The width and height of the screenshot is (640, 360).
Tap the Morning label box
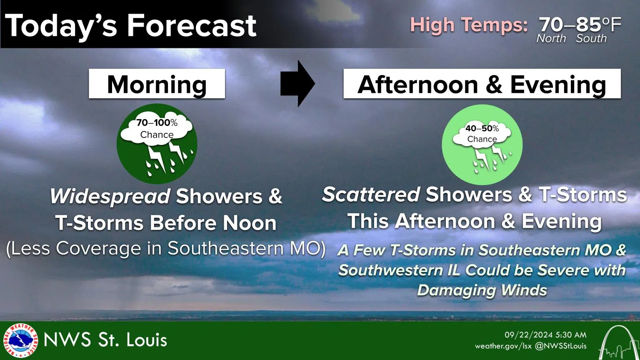click(x=157, y=84)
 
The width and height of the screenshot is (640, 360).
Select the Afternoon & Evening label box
click(x=482, y=84)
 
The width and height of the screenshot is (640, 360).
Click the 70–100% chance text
click(x=157, y=123)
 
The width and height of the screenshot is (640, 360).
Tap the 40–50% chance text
click(x=482, y=129)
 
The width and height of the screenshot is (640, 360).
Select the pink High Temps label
click(x=469, y=25)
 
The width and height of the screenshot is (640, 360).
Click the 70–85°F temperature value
click(x=580, y=24)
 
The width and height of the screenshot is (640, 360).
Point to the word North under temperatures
click(x=551, y=39)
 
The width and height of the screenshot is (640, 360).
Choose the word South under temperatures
click(x=591, y=39)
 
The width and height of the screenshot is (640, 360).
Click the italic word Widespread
click(x=110, y=196)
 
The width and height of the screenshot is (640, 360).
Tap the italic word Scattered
click(x=370, y=195)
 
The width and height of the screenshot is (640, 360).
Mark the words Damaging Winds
click(x=482, y=290)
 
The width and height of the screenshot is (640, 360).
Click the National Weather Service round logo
click(x=20, y=340)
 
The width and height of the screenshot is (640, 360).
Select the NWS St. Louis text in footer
click(x=105, y=340)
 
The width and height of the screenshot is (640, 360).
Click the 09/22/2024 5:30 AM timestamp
click(x=545, y=335)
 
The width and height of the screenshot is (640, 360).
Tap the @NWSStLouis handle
click(x=560, y=346)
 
